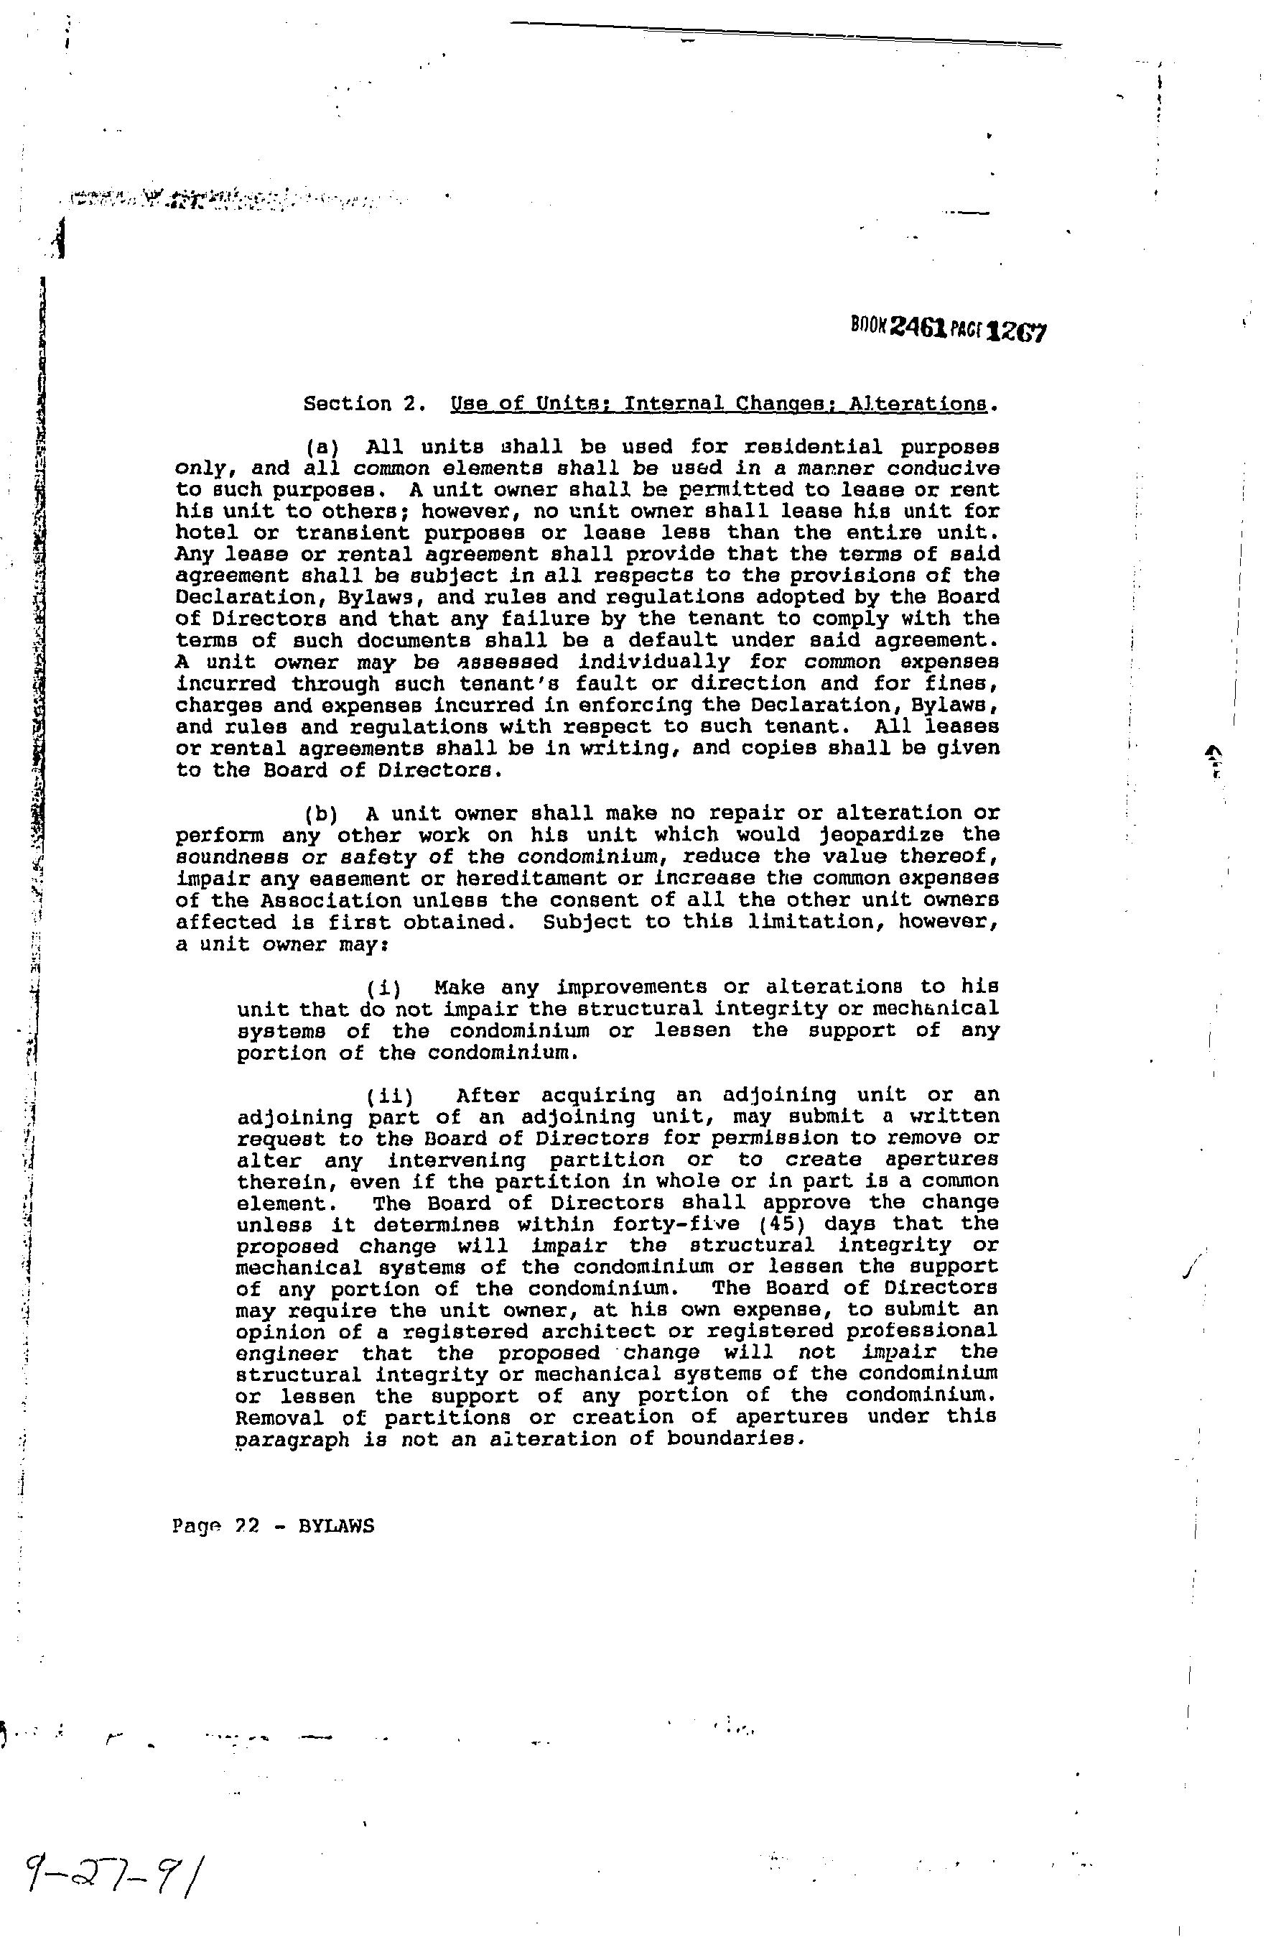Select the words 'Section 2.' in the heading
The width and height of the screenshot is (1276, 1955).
pos(364,404)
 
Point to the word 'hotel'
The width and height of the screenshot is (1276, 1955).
pos(206,533)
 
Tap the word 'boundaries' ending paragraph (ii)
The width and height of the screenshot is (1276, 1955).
pos(730,1439)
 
